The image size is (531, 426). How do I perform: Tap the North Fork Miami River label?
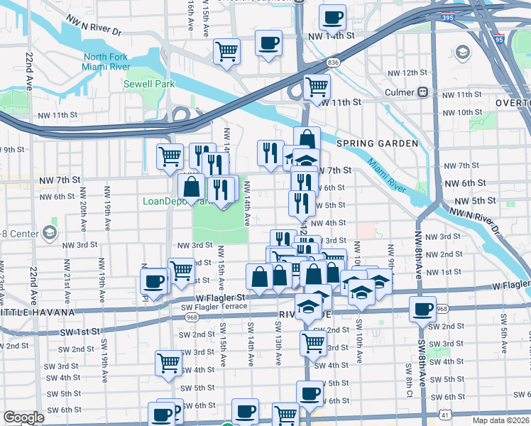tap(106, 62)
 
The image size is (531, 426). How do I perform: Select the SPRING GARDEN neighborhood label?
tap(377, 143)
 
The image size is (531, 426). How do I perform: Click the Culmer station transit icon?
tap(423, 92)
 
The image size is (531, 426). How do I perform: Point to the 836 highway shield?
tap(332, 64)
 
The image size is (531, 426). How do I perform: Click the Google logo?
tap(23, 417)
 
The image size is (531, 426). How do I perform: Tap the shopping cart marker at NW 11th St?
tap(317, 87)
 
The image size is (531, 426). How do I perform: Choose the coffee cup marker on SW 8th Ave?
tap(423, 310)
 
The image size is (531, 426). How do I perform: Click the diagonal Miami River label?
tap(387, 175)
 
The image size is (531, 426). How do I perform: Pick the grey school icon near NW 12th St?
tap(463, 52)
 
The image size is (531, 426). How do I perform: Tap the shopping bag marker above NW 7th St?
tap(306, 139)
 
